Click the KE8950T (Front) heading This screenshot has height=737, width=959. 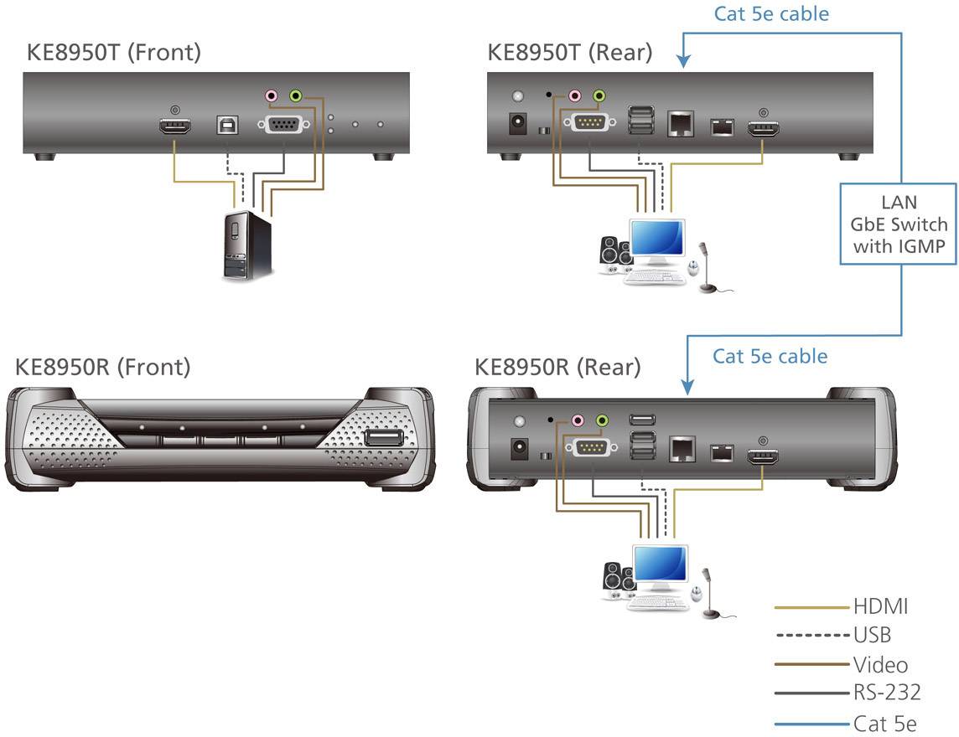[x=114, y=52]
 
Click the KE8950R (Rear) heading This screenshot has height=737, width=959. [x=557, y=366]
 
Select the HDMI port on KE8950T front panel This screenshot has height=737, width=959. [x=175, y=127]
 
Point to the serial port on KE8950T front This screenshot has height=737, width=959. [x=284, y=126]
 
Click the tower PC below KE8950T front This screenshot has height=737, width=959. [x=246, y=246]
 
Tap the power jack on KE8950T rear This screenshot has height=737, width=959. [x=517, y=124]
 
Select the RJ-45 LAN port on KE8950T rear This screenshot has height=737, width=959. [x=679, y=125]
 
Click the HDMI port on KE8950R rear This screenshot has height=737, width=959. [x=762, y=456]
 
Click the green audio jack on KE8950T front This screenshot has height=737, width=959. [x=295, y=96]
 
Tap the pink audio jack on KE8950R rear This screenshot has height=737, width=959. [x=577, y=420]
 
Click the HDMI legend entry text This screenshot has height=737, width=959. [x=880, y=606]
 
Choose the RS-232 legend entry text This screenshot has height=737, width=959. [x=887, y=692]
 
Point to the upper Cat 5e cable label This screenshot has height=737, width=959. [x=771, y=13]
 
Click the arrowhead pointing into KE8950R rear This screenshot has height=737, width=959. [x=687, y=388]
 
